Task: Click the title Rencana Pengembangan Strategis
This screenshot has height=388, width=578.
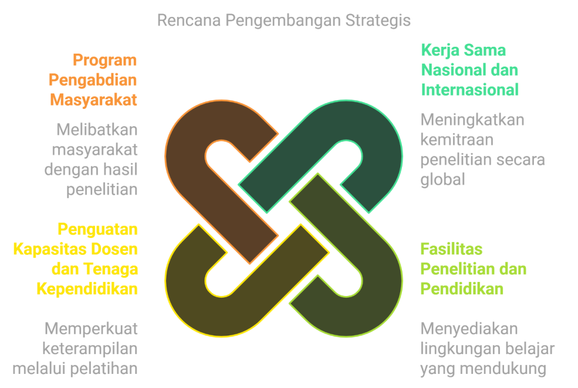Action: [283, 20]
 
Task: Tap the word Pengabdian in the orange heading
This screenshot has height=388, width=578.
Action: [93, 80]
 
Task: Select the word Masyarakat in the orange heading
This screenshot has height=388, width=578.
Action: [94, 100]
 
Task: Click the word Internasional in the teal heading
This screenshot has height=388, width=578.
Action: [470, 90]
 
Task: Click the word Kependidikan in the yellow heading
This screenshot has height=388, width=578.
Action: [87, 289]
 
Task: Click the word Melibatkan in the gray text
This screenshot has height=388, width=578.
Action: [97, 130]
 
